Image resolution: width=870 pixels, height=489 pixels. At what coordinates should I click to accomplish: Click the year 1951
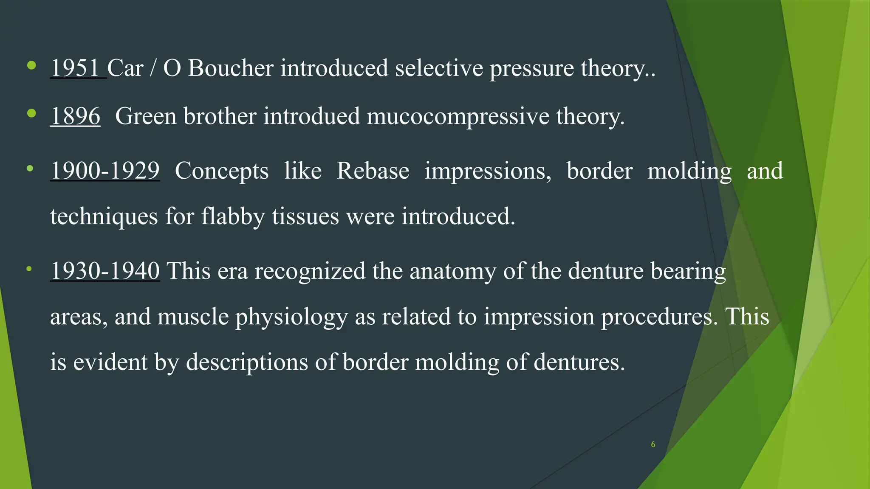(x=75, y=68)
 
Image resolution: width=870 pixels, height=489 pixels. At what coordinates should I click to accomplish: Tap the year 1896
(x=76, y=116)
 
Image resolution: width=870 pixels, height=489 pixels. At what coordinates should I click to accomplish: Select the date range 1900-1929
(x=105, y=171)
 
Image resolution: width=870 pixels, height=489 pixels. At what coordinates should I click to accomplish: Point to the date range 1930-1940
(x=105, y=271)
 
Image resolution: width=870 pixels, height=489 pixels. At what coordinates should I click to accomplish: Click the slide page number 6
(x=653, y=444)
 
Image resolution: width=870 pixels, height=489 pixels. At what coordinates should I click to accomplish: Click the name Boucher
(x=231, y=68)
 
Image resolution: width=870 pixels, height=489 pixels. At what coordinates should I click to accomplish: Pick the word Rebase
(x=373, y=171)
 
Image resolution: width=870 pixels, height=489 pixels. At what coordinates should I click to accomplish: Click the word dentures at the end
(x=579, y=362)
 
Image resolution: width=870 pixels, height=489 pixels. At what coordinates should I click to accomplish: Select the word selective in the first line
(x=439, y=68)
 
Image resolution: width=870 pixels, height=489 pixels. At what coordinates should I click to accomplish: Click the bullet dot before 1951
(x=31, y=65)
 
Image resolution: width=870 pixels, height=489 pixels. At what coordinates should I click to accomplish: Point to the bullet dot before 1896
(x=31, y=113)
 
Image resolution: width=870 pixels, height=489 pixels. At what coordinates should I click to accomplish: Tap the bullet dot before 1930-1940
(x=29, y=269)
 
